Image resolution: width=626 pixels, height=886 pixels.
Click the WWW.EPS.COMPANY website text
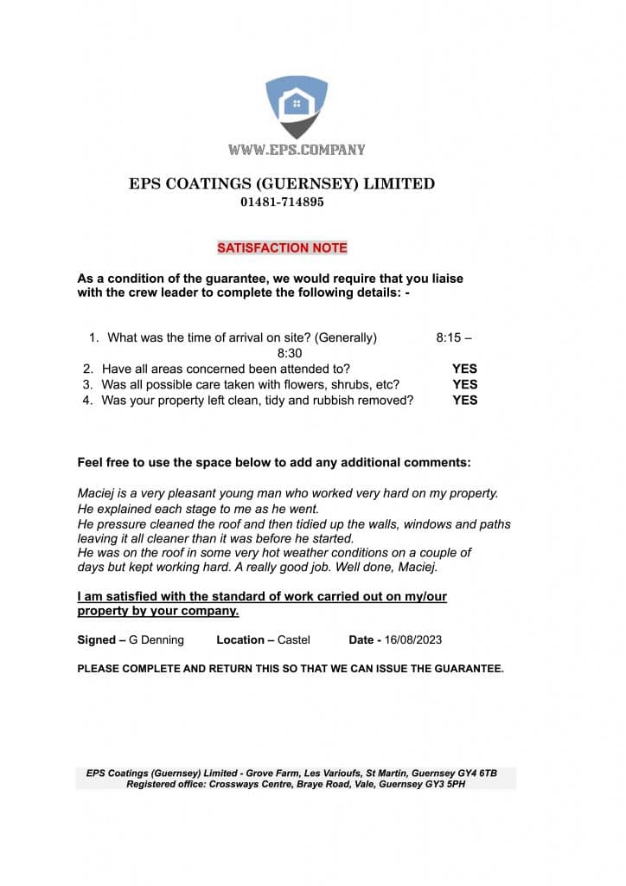tap(297, 150)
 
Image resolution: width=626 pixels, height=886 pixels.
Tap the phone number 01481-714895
tap(282, 202)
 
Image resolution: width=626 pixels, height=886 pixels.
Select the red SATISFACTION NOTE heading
tap(282, 248)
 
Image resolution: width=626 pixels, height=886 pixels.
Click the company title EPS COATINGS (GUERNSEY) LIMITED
tap(282, 183)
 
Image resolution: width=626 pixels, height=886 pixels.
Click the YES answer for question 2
tap(464, 369)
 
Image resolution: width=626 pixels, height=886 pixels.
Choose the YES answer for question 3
tap(464, 384)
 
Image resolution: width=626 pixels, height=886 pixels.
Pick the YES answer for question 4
tap(464, 400)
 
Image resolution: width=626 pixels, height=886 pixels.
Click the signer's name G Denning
tap(156, 640)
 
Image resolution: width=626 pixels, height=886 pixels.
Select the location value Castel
tap(294, 640)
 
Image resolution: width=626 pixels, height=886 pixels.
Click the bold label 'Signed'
tap(96, 640)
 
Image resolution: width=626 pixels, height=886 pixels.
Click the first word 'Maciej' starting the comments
tap(96, 493)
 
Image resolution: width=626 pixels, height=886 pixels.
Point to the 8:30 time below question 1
tap(290, 353)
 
